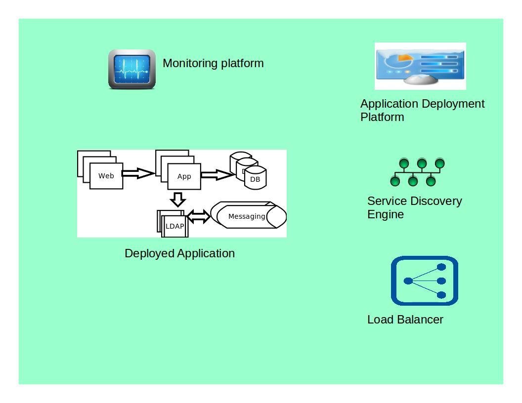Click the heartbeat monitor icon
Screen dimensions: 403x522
(132, 69)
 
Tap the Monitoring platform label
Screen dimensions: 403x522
(213, 63)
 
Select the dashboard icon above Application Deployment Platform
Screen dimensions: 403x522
(420, 66)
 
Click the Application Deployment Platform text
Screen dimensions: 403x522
(422, 110)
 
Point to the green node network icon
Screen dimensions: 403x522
(417, 172)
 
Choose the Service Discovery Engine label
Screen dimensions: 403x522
(414, 207)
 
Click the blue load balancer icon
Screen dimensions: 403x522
(425, 281)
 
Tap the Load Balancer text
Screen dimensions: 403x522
(405, 320)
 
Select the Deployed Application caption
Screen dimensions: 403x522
(179, 253)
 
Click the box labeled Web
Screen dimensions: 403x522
(106, 176)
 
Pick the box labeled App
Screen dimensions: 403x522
(184, 176)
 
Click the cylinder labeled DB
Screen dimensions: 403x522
(255, 179)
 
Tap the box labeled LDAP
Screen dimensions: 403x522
(174, 226)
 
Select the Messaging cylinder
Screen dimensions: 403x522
(247, 216)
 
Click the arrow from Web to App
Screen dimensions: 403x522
(138, 173)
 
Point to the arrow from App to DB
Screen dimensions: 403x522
(217, 174)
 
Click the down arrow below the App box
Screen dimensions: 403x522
(178, 199)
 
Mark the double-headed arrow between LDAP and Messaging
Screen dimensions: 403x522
(198, 216)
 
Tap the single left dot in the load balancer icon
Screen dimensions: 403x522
(408, 281)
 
